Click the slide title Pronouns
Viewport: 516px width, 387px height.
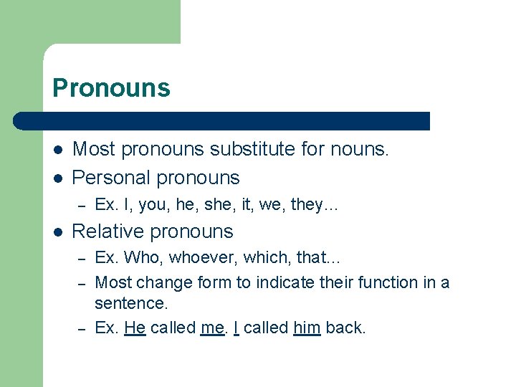(111, 88)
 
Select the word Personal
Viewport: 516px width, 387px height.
(110, 177)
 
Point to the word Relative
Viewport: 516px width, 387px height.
(105, 231)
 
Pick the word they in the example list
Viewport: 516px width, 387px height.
(307, 205)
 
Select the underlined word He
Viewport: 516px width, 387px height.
(135, 328)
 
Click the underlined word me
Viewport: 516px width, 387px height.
(212, 328)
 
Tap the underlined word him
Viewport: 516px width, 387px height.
(306, 328)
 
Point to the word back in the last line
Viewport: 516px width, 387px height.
(345, 328)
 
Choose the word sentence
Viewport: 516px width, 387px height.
(131, 304)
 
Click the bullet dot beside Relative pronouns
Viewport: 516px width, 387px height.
(57, 232)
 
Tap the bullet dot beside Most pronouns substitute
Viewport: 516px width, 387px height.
(57, 150)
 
